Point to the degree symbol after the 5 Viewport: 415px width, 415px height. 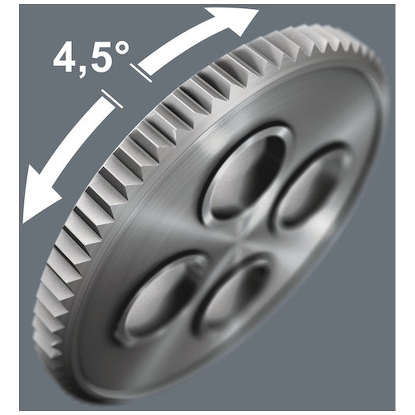(x=120, y=50)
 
